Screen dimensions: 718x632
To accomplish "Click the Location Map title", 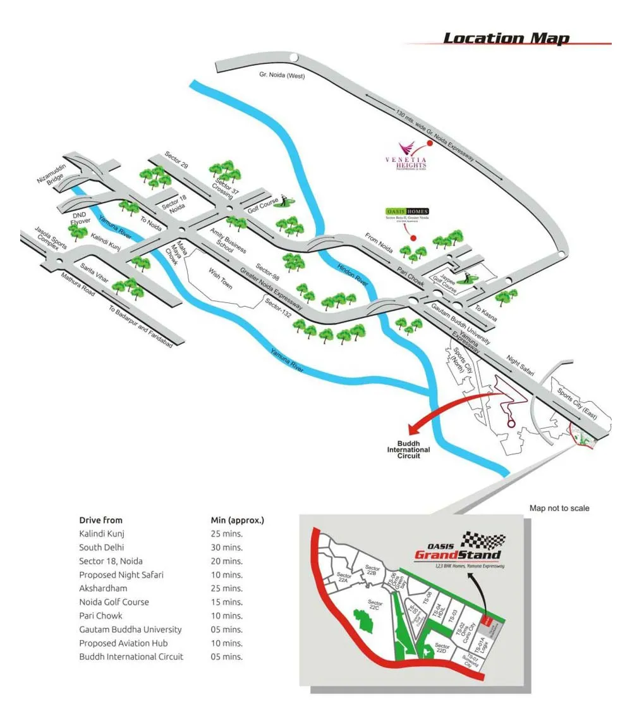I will (506, 39).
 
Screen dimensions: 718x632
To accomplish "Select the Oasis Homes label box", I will (407, 211).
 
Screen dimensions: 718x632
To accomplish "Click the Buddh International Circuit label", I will (408, 450).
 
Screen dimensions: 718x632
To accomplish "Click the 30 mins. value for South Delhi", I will (227, 547).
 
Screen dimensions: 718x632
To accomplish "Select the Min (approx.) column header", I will (237, 520).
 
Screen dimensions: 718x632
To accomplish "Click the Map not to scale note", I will (559, 508).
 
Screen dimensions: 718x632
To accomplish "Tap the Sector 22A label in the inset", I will (344, 578).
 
